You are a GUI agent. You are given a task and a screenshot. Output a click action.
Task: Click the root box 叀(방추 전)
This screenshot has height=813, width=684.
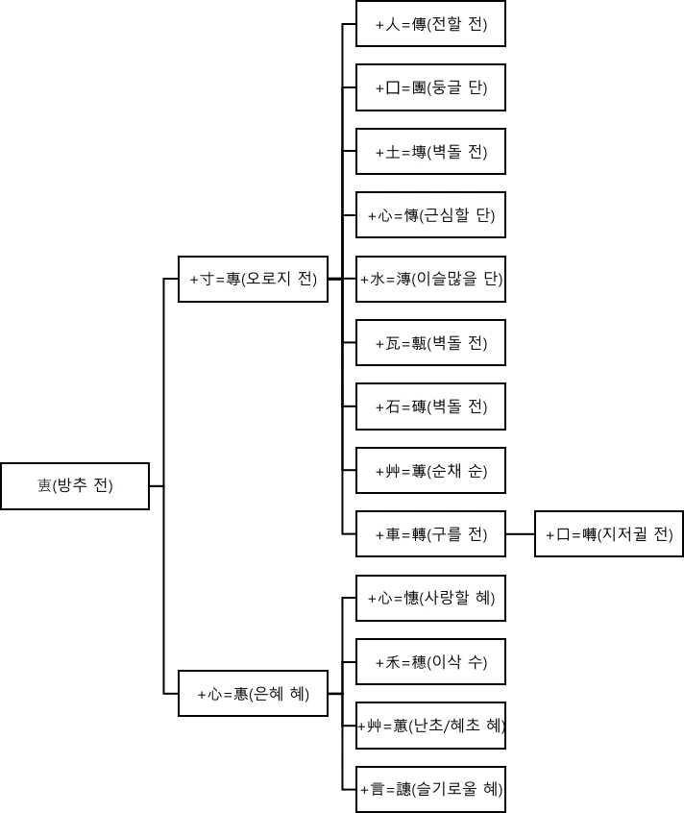[75, 486]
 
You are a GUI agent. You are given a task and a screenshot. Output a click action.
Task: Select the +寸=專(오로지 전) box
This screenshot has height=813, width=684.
[253, 279]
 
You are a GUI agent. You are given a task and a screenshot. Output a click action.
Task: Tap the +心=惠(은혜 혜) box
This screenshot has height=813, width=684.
[253, 694]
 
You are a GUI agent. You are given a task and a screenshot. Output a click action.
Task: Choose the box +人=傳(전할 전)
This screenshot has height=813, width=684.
[430, 24]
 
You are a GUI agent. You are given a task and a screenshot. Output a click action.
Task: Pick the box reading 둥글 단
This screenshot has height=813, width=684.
[430, 87]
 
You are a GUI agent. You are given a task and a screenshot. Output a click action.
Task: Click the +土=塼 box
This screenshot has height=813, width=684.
[430, 152]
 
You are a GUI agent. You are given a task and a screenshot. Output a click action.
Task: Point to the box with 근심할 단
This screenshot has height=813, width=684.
[430, 215]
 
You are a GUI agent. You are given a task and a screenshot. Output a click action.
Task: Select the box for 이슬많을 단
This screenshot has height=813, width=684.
[430, 279]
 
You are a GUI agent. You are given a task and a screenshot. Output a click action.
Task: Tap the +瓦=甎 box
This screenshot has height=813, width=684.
[430, 343]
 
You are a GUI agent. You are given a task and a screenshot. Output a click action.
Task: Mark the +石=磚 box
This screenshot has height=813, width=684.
[430, 406]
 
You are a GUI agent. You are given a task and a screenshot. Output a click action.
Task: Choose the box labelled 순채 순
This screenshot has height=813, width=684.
[430, 471]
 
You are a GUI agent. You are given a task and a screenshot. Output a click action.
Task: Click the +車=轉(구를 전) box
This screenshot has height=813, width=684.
[430, 534]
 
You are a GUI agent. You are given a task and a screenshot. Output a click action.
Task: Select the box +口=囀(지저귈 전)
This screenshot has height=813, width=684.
[609, 534]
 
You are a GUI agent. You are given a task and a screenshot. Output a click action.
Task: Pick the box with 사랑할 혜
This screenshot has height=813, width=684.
[430, 598]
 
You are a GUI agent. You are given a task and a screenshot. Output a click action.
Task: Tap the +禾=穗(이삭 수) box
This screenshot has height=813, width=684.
[430, 662]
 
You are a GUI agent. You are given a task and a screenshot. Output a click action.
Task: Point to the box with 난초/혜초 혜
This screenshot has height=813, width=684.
[430, 726]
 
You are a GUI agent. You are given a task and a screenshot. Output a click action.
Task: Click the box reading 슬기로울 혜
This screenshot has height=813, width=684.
[430, 790]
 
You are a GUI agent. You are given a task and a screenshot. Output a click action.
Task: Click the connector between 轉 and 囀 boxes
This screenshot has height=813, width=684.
[520, 534]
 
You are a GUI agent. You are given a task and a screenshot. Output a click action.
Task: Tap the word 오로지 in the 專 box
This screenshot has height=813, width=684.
[272, 279]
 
